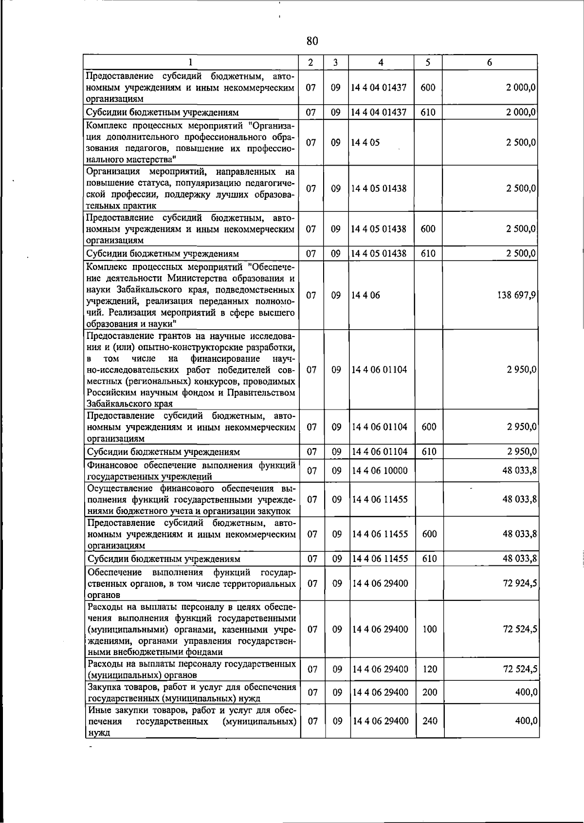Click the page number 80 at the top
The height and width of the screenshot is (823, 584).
312,41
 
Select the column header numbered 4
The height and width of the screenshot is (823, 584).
381,62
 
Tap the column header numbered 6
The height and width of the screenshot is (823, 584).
490,62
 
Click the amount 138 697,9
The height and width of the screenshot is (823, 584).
516,295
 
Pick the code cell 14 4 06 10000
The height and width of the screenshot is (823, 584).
380,470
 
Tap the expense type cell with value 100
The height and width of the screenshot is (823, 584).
429,629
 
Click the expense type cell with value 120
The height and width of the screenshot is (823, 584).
429,669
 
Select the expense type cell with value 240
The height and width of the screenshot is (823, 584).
429,721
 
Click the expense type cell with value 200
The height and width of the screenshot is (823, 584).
429,692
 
